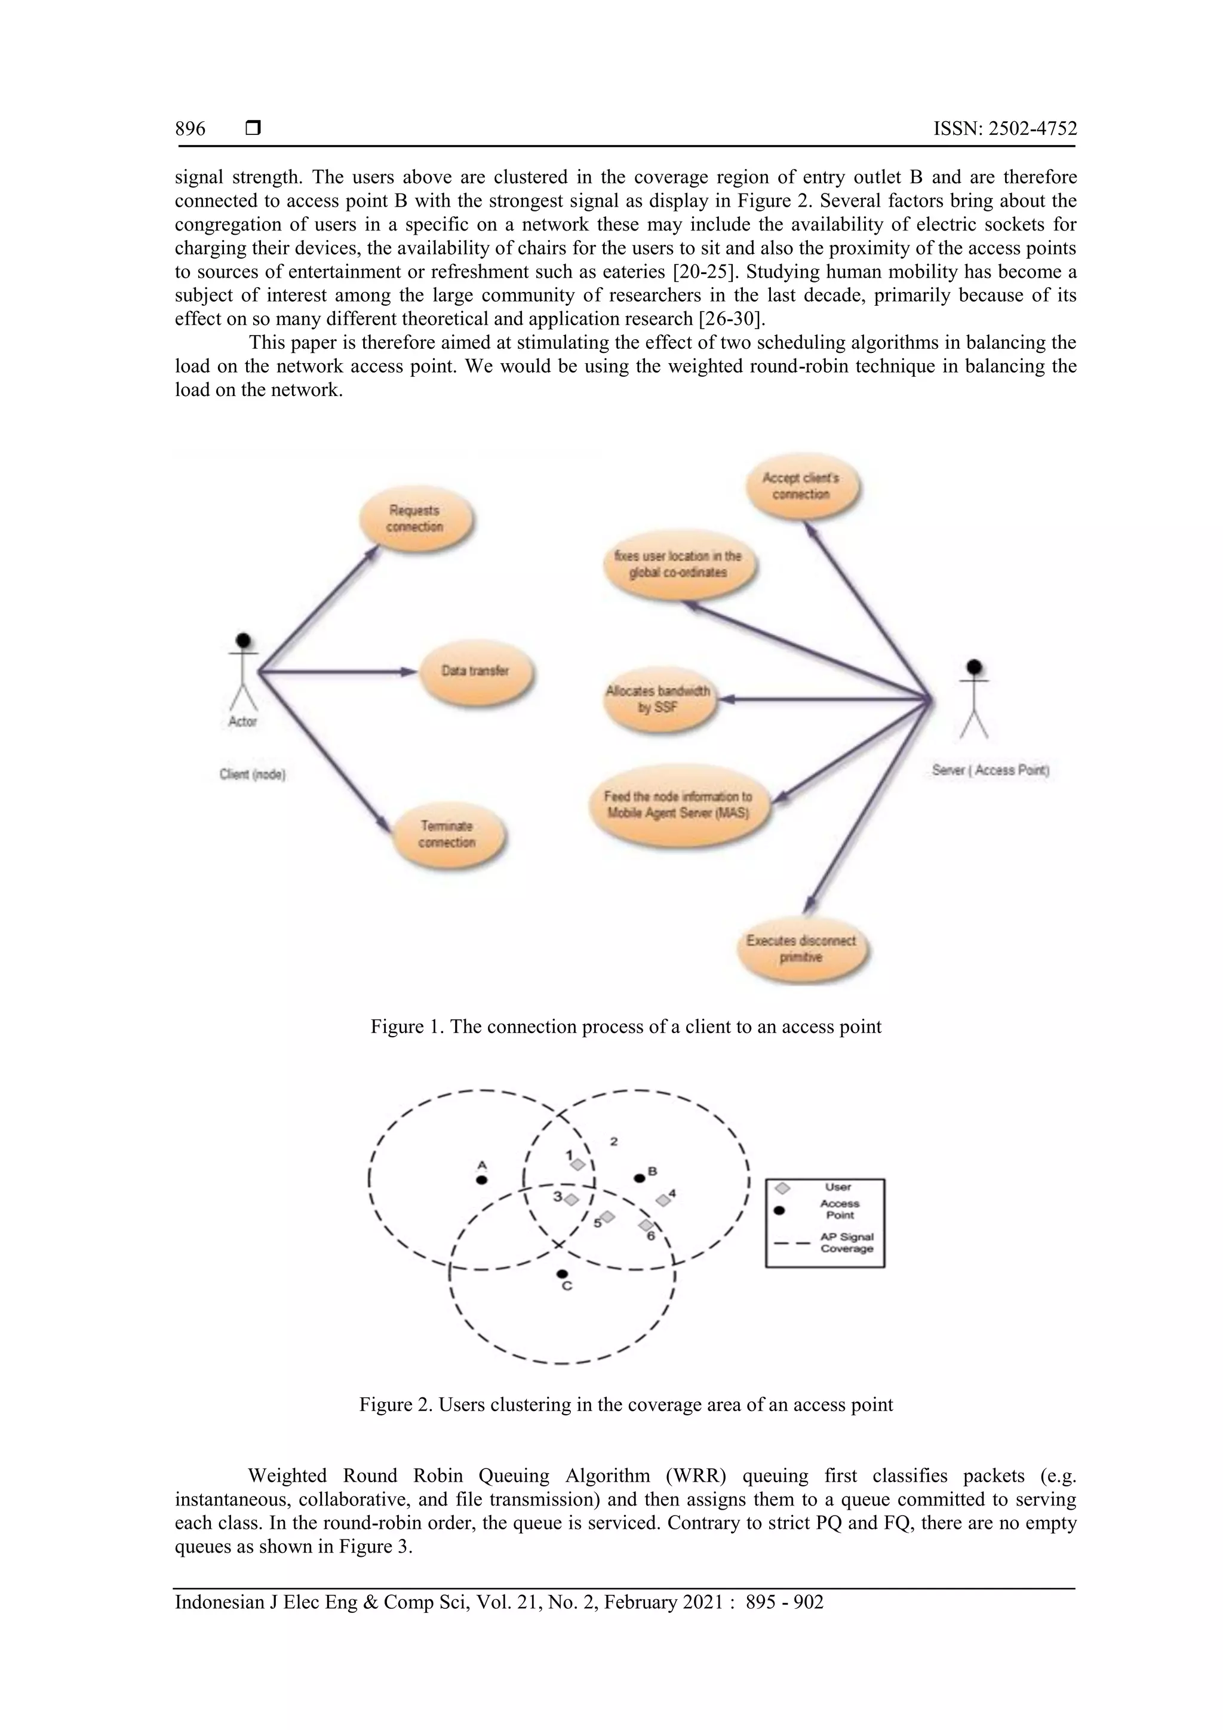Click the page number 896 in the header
click(190, 129)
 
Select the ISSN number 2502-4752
click(1004, 129)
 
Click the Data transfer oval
click(475, 671)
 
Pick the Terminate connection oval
click(448, 835)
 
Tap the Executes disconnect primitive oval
click(801, 949)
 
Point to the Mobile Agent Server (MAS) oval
click(678, 806)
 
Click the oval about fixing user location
click(678, 564)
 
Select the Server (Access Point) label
click(991, 770)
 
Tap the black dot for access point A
click(483, 1180)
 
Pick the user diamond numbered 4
click(663, 1200)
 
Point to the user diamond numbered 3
click(571, 1199)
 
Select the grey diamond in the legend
click(783, 1188)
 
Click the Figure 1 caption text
click(625, 1027)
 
